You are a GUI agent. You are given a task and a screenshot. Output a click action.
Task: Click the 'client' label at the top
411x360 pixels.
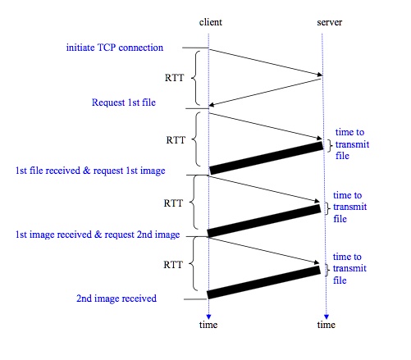click(211, 22)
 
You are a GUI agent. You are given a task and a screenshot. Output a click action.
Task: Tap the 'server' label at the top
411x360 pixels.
click(330, 22)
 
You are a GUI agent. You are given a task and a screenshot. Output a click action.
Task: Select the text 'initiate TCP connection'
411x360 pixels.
click(115, 48)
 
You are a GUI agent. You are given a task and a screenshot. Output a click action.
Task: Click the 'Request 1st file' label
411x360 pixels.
click(124, 103)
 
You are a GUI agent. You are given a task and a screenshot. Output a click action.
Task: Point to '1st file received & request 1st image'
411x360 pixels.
click(90, 171)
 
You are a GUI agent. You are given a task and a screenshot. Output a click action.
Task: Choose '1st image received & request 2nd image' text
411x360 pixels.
click(98, 235)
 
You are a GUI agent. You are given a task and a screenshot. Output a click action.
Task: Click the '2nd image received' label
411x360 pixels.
click(116, 298)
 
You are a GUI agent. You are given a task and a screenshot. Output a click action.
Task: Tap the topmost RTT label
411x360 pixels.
click(174, 78)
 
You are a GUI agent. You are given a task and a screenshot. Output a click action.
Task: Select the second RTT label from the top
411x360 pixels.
click(176, 140)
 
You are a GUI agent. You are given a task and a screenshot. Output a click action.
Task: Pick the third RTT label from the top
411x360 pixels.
click(173, 203)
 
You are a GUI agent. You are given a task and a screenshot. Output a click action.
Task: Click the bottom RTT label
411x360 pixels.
click(173, 265)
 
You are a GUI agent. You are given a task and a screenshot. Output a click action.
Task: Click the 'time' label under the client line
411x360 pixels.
click(208, 325)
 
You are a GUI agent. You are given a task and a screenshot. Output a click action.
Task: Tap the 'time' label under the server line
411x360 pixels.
click(327, 325)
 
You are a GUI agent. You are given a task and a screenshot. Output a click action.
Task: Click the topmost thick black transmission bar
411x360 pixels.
click(267, 158)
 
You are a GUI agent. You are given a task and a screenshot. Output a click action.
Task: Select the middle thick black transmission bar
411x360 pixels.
click(264, 221)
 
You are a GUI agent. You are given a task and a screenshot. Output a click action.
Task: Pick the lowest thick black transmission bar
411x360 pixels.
click(263, 282)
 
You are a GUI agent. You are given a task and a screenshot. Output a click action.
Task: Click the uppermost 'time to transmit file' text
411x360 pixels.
click(352, 144)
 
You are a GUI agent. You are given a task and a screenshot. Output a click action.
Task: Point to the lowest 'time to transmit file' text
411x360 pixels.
click(349, 268)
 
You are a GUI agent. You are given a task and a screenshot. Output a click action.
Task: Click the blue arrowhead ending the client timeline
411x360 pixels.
click(208, 317)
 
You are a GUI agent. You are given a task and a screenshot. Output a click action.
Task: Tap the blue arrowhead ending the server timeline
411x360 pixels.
click(327, 317)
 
